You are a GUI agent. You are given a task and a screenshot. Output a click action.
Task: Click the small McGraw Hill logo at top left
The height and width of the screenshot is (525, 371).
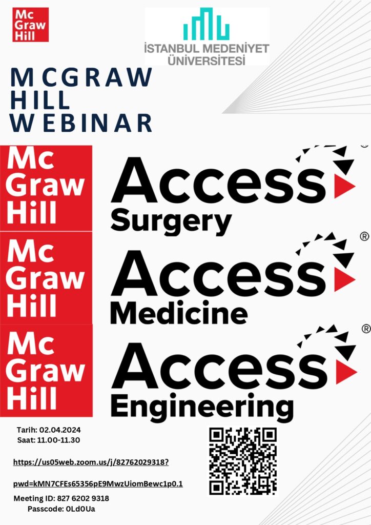coord(30,25)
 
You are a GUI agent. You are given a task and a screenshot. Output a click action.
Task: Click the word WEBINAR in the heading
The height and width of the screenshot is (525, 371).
coord(81,123)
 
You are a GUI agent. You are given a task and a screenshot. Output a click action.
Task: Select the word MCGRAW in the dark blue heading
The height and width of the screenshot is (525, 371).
coord(81,77)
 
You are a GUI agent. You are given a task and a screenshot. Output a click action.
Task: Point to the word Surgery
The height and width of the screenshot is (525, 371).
coord(171,221)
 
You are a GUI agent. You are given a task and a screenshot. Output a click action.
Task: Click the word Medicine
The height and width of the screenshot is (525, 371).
coord(179,313)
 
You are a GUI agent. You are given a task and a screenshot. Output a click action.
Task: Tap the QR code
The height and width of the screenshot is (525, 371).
coord(243,461)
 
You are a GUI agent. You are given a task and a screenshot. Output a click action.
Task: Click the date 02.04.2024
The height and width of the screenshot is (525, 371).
coord(60,430)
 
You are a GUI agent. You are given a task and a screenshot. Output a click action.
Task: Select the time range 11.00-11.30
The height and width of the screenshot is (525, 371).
coord(58,440)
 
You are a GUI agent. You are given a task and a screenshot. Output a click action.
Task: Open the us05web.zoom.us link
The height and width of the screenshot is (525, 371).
coord(91,462)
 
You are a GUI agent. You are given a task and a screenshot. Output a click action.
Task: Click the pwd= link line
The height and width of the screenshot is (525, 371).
coord(98,484)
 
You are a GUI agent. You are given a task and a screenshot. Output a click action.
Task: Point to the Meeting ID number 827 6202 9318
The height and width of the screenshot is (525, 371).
coord(83,498)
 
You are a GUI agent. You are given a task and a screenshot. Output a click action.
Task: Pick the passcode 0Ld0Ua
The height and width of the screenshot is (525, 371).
coord(80,509)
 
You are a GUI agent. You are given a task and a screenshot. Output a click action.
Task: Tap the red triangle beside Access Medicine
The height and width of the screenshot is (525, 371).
coord(344,279)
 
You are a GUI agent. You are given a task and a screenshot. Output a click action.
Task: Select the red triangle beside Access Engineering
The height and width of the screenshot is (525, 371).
coord(346,372)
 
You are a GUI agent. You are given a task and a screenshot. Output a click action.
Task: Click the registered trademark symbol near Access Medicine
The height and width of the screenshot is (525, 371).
coord(364,236)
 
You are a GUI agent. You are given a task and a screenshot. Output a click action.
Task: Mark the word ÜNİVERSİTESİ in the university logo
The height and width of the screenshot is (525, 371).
coord(207,60)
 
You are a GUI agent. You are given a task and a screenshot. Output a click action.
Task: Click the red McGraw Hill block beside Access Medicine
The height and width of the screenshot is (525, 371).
coord(46,278)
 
